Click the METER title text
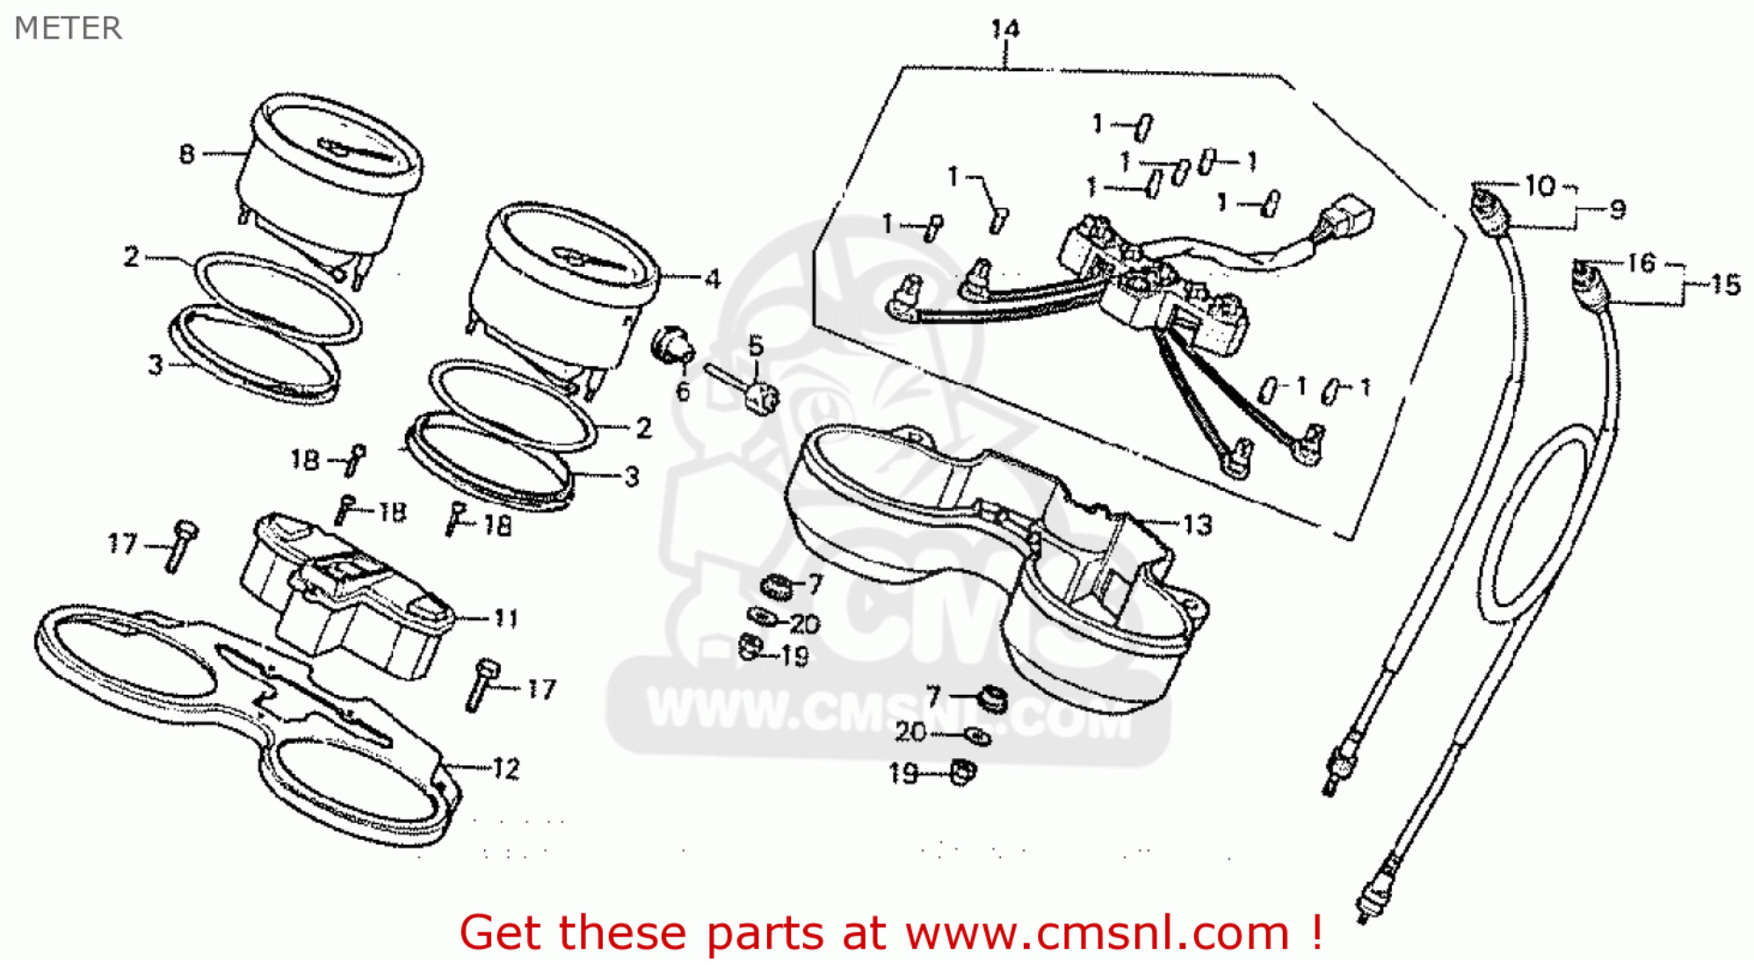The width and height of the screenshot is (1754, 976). coord(68,28)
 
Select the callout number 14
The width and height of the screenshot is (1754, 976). coord(1004,29)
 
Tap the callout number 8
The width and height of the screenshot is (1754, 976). coord(186,155)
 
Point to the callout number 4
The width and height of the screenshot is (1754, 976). coord(712,279)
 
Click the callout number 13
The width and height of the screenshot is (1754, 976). coord(1197,524)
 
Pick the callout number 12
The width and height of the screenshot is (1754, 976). coord(505,769)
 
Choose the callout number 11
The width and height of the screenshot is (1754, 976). coord(505,618)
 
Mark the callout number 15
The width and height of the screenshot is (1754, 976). coord(1725,285)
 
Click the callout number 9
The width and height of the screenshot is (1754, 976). coord(1617,209)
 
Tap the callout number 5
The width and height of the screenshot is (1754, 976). coord(756,346)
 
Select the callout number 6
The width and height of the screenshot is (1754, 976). coord(683,392)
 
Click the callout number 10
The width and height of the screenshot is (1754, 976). coord(1540,185)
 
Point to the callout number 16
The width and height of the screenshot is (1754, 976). coord(1641,263)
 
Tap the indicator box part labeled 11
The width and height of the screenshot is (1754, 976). coord(352,597)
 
